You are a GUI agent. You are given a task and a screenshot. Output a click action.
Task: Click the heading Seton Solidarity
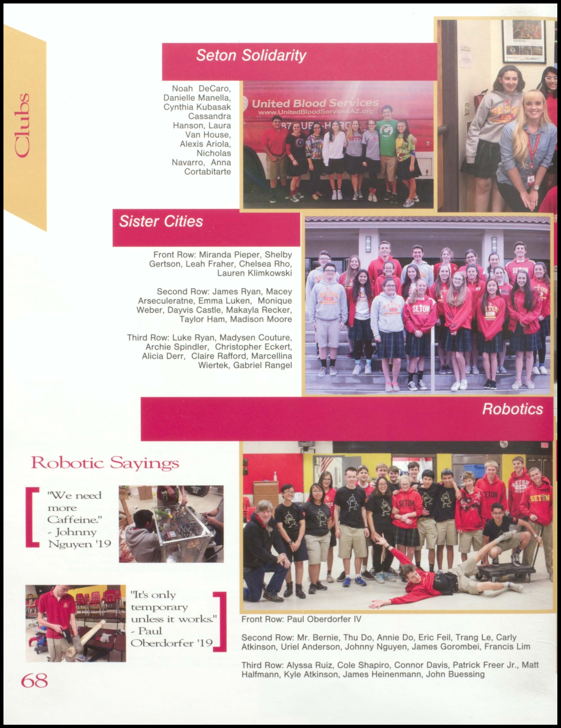251,55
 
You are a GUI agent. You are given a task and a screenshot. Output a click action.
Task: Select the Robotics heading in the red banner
512,409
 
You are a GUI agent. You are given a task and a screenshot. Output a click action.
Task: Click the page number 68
34,680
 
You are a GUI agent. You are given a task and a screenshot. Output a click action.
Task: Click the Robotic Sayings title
105,463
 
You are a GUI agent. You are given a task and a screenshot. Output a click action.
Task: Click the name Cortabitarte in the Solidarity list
207,172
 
